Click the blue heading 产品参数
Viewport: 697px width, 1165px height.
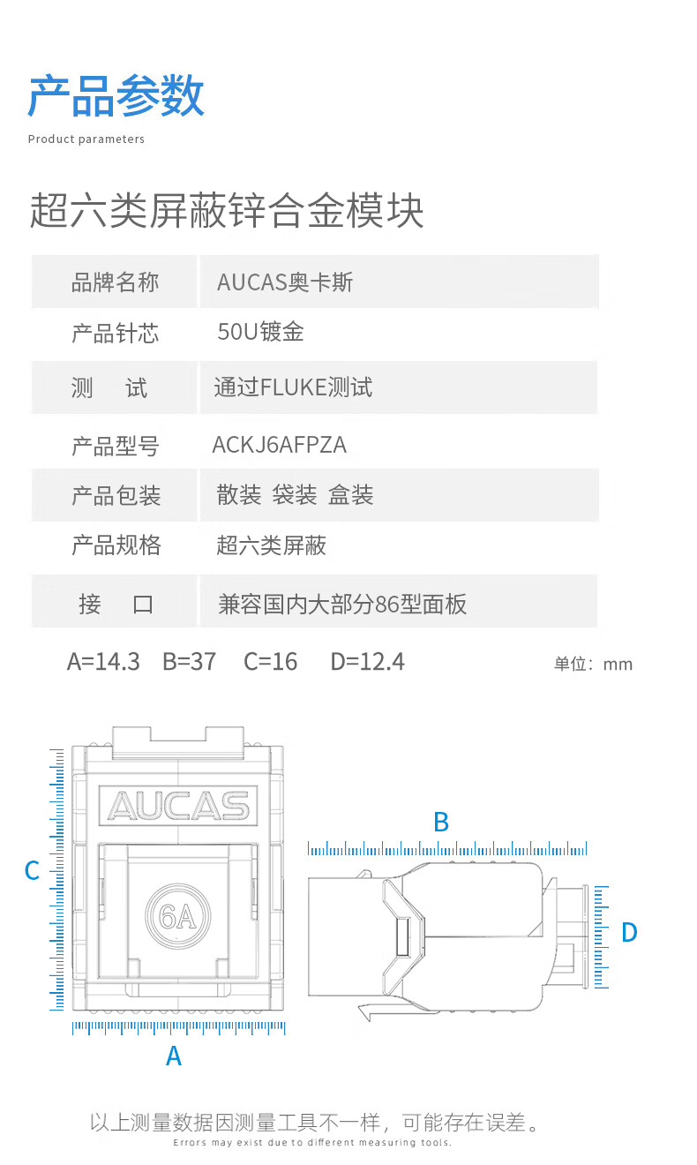coord(116,95)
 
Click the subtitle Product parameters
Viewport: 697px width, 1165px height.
coord(86,139)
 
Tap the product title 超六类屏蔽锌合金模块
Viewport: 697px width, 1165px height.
coord(227,210)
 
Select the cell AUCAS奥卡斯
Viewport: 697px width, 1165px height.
coord(285,282)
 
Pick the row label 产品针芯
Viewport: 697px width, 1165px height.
coord(116,333)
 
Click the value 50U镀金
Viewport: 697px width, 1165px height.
coord(260,332)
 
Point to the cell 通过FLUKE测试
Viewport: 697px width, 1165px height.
coord(293,387)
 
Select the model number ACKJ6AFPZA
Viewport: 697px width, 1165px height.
coord(280,445)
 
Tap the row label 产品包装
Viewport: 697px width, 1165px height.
coord(116,495)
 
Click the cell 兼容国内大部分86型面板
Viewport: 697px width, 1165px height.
coord(342,605)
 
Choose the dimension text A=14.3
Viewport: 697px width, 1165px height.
coord(103,662)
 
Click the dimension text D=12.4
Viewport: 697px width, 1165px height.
coord(368,662)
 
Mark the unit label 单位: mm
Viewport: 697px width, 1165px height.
coord(593,665)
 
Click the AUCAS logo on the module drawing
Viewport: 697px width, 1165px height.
coord(178,806)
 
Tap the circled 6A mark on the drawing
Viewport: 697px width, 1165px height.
coord(177,916)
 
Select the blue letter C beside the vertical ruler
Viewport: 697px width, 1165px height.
coord(33,870)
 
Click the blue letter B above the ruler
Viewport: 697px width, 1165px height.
coord(441,823)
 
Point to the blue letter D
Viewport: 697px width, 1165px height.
coord(629,932)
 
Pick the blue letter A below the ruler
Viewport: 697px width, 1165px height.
coord(174,1056)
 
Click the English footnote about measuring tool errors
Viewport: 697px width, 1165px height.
coord(311,1143)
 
